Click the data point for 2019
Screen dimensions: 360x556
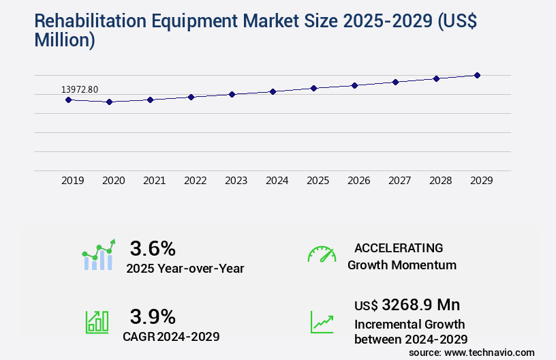click(68, 100)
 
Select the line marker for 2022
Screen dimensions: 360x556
click(191, 97)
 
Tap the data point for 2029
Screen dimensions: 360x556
click(477, 75)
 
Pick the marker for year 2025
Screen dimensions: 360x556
click(313, 88)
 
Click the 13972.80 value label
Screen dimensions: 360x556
click(80, 89)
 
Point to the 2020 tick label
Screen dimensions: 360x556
click(113, 181)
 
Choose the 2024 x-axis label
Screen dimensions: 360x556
click(277, 181)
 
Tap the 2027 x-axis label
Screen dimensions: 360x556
click(399, 181)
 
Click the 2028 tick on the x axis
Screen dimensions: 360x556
click(440, 181)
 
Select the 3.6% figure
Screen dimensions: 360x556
click(153, 247)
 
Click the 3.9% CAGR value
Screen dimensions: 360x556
click(153, 316)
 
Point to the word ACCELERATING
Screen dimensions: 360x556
click(399, 247)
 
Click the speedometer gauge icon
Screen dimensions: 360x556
click(322, 254)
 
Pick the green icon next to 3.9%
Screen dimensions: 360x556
click(97, 322)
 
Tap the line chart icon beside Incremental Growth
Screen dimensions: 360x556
click(322, 322)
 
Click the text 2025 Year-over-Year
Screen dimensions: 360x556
click(185, 268)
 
